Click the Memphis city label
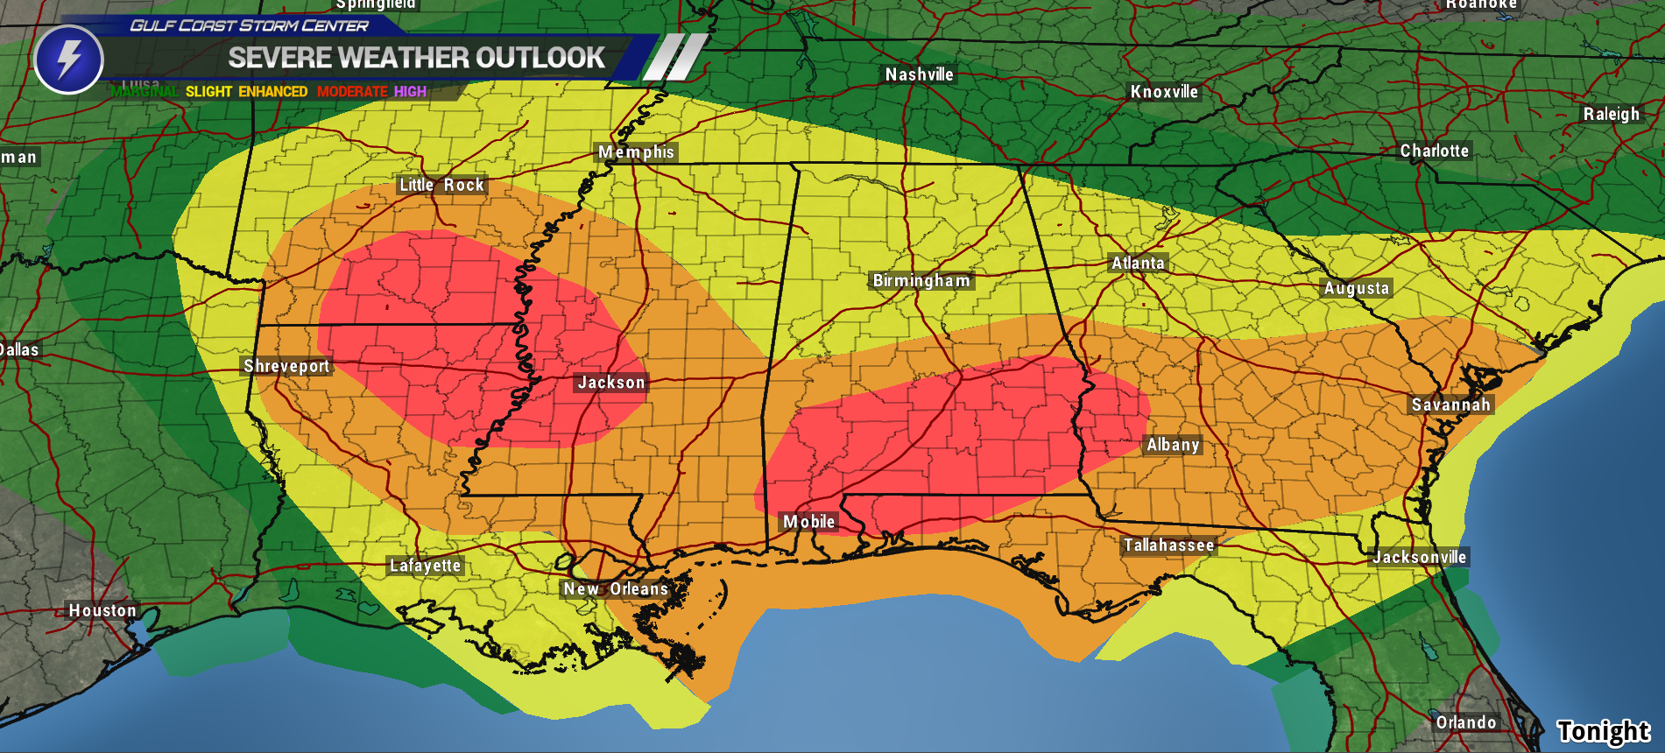[x=636, y=152]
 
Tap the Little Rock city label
[x=441, y=185]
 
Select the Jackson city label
[x=610, y=383]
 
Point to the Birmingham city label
[x=921, y=281]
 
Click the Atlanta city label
[x=1138, y=263]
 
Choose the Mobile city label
[x=808, y=522]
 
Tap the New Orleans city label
[x=616, y=589]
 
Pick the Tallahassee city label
[x=1169, y=545]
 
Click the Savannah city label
[x=1450, y=405]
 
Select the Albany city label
[x=1173, y=445]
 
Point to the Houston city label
[x=102, y=610]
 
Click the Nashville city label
[x=919, y=74]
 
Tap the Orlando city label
[x=1465, y=722]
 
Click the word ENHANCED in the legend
[x=272, y=92]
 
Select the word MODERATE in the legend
[x=352, y=92]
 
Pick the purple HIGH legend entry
[x=410, y=92]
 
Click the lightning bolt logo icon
[x=68, y=60]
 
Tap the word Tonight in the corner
[x=1603, y=731]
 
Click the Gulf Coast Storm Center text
[x=249, y=26]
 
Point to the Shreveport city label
[x=286, y=366]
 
